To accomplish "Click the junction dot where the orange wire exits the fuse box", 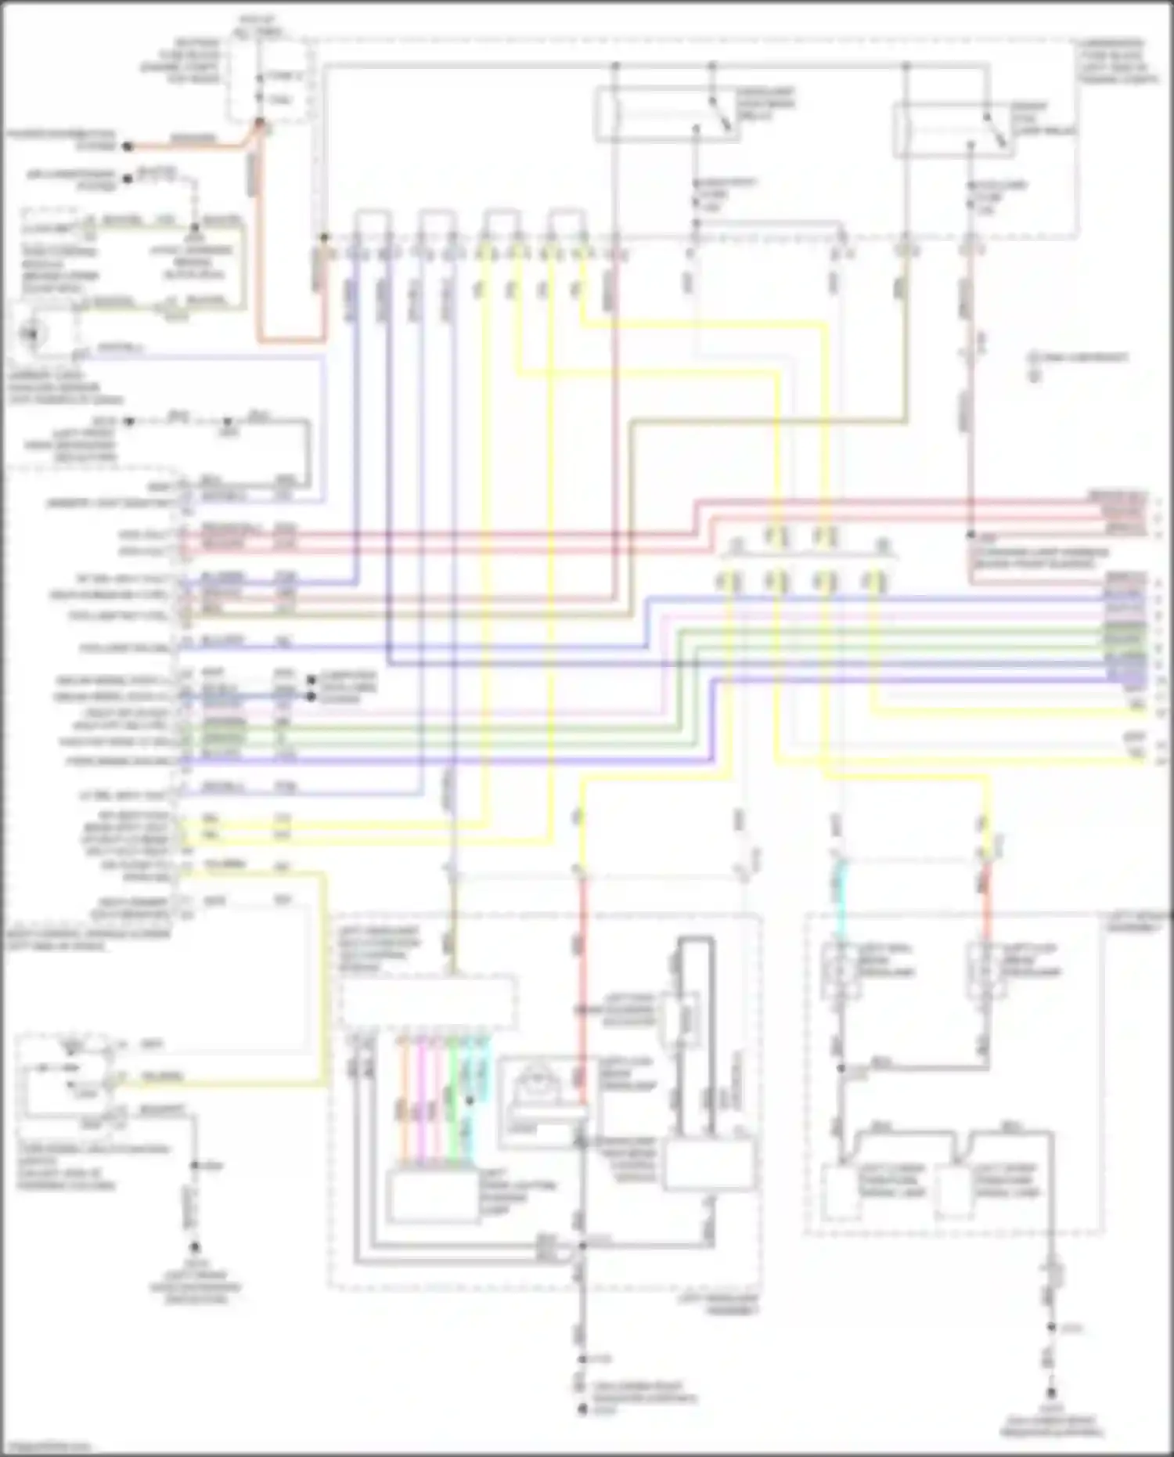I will pos(260,122).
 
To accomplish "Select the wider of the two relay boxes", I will pos(668,114).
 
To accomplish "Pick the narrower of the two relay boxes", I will pos(953,130).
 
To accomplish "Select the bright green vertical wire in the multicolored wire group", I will pos(453,1104).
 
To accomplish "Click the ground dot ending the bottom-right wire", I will pos(1052,1394).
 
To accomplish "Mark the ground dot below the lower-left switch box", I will pos(195,1247).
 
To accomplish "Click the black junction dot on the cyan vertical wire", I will pos(470,1101).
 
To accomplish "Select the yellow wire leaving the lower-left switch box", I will pos(235,1084).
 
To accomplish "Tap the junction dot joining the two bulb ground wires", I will pos(842,1068).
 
